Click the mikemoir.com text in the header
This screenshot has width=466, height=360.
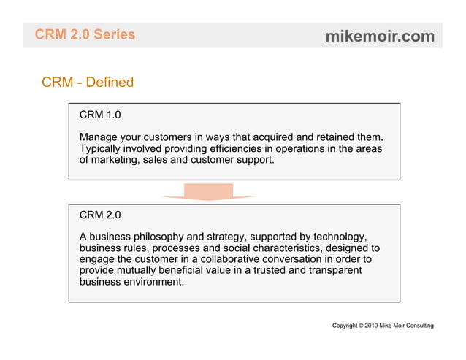[380, 36]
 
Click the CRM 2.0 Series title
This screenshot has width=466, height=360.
[85, 34]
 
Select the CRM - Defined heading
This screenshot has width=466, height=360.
[88, 82]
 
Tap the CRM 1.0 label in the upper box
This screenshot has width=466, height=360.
[100, 115]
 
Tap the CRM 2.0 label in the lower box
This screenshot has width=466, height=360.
[100, 215]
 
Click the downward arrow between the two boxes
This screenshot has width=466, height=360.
[208, 192]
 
